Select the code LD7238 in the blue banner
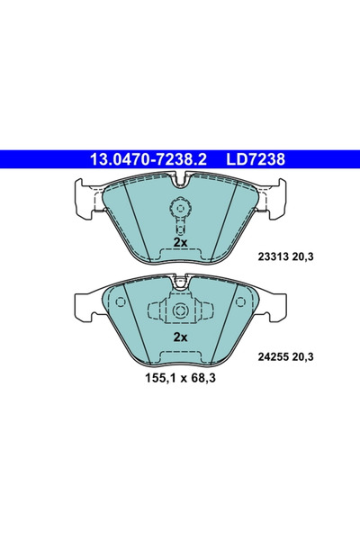point(256,160)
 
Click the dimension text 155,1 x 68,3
point(180,378)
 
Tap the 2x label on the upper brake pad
point(180,243)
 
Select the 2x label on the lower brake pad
point(180,337)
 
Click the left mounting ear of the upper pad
point(85,199)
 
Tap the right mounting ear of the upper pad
point(275,199)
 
